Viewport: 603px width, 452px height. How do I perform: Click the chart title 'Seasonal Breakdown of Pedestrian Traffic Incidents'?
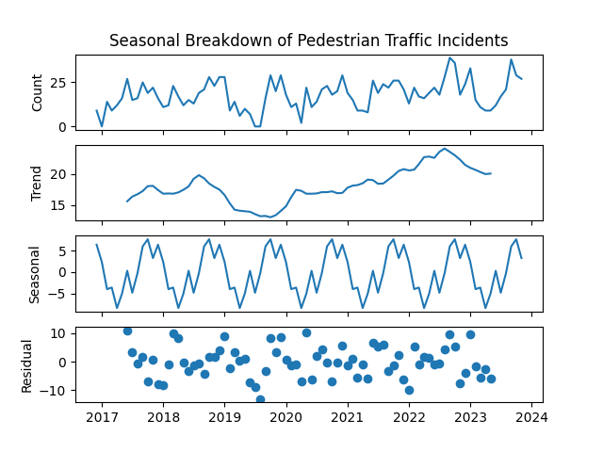coord(308,40)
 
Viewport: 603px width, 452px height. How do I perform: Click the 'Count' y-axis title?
coord(38,92)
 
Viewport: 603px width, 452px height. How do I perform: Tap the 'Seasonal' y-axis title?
coord(35,274)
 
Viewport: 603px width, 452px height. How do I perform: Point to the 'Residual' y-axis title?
coord(27,364)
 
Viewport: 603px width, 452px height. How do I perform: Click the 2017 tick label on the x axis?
coord(102,417)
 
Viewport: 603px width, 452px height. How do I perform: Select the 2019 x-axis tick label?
coord(224,417)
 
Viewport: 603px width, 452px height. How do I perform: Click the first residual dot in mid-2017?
coord(127,331)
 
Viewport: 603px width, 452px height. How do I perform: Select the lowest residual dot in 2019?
coord(260,400)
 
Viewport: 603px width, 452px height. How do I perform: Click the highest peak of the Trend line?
coord(445,149)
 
